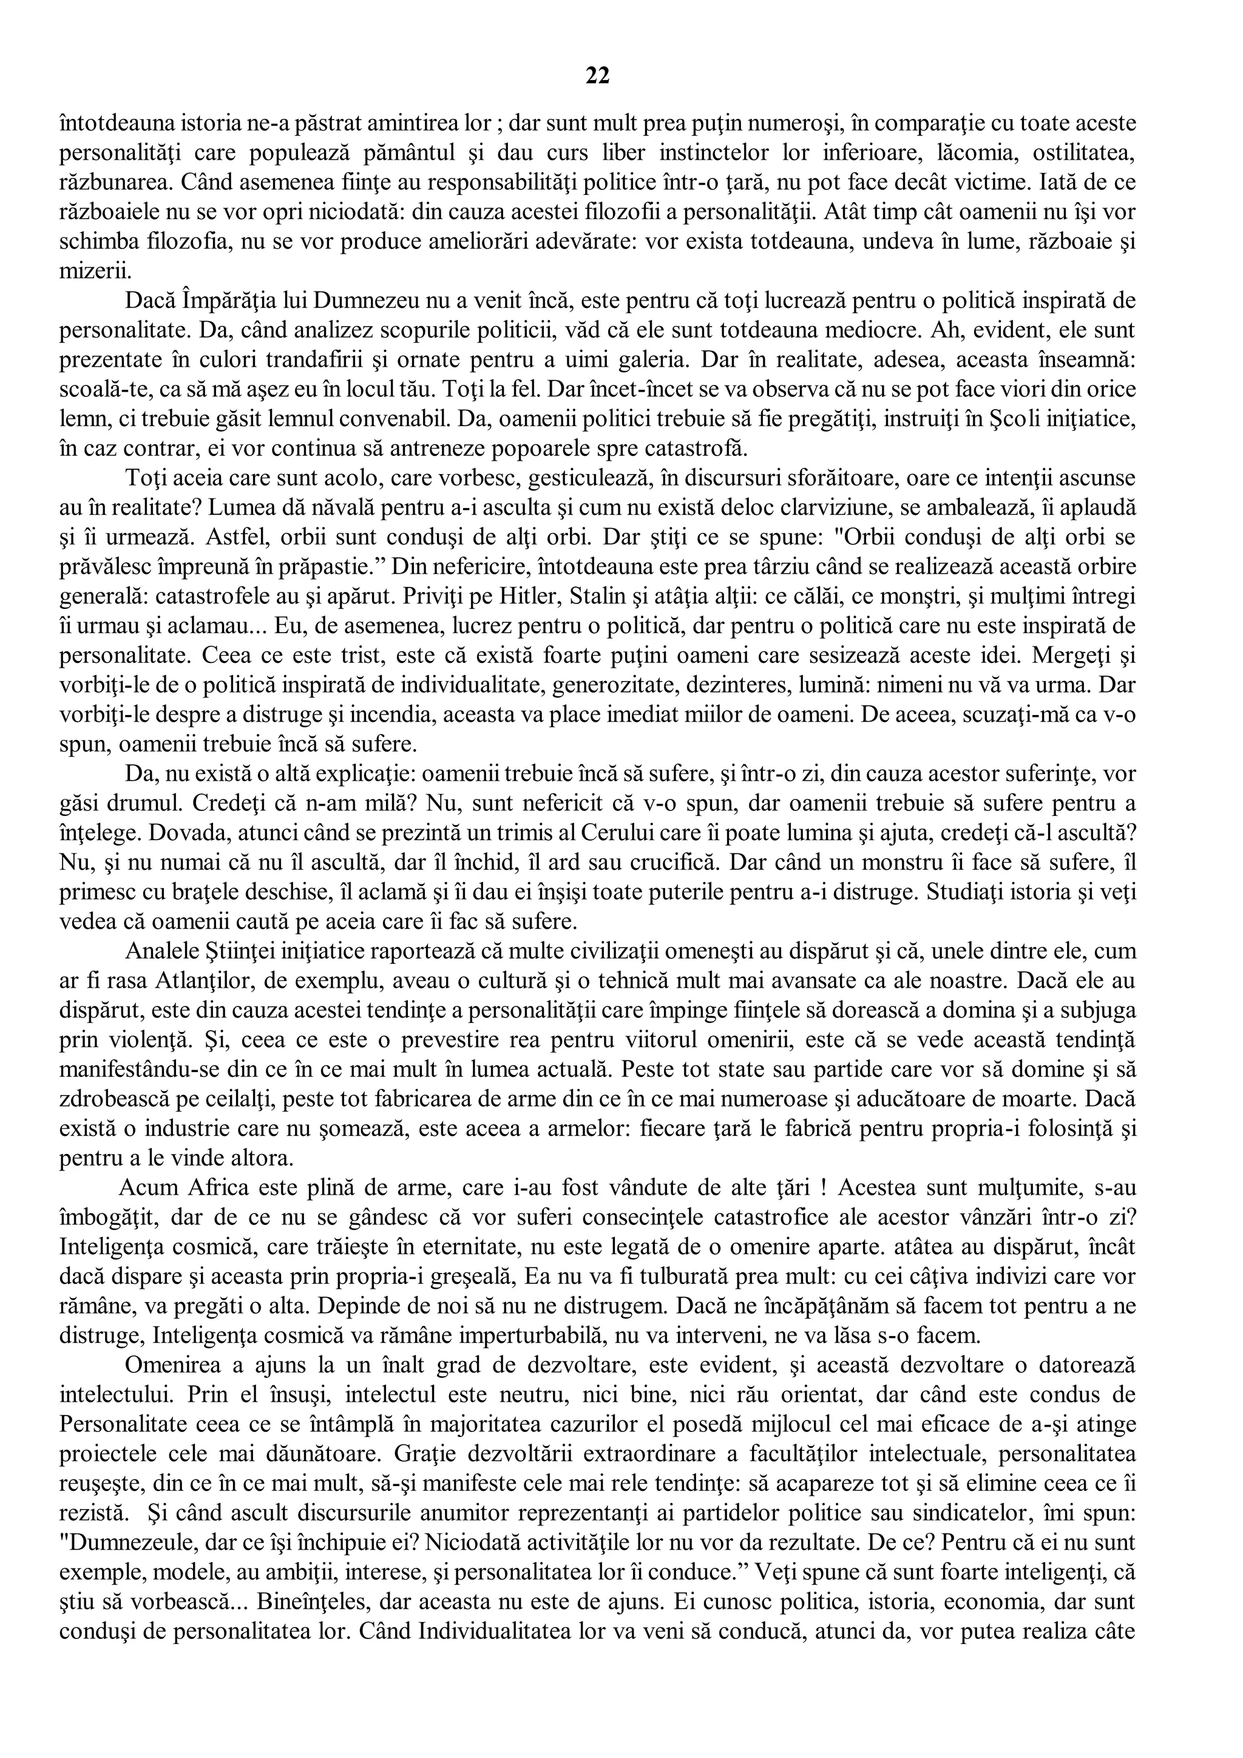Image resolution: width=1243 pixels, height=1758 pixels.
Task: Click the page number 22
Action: click(x=598, y=75)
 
